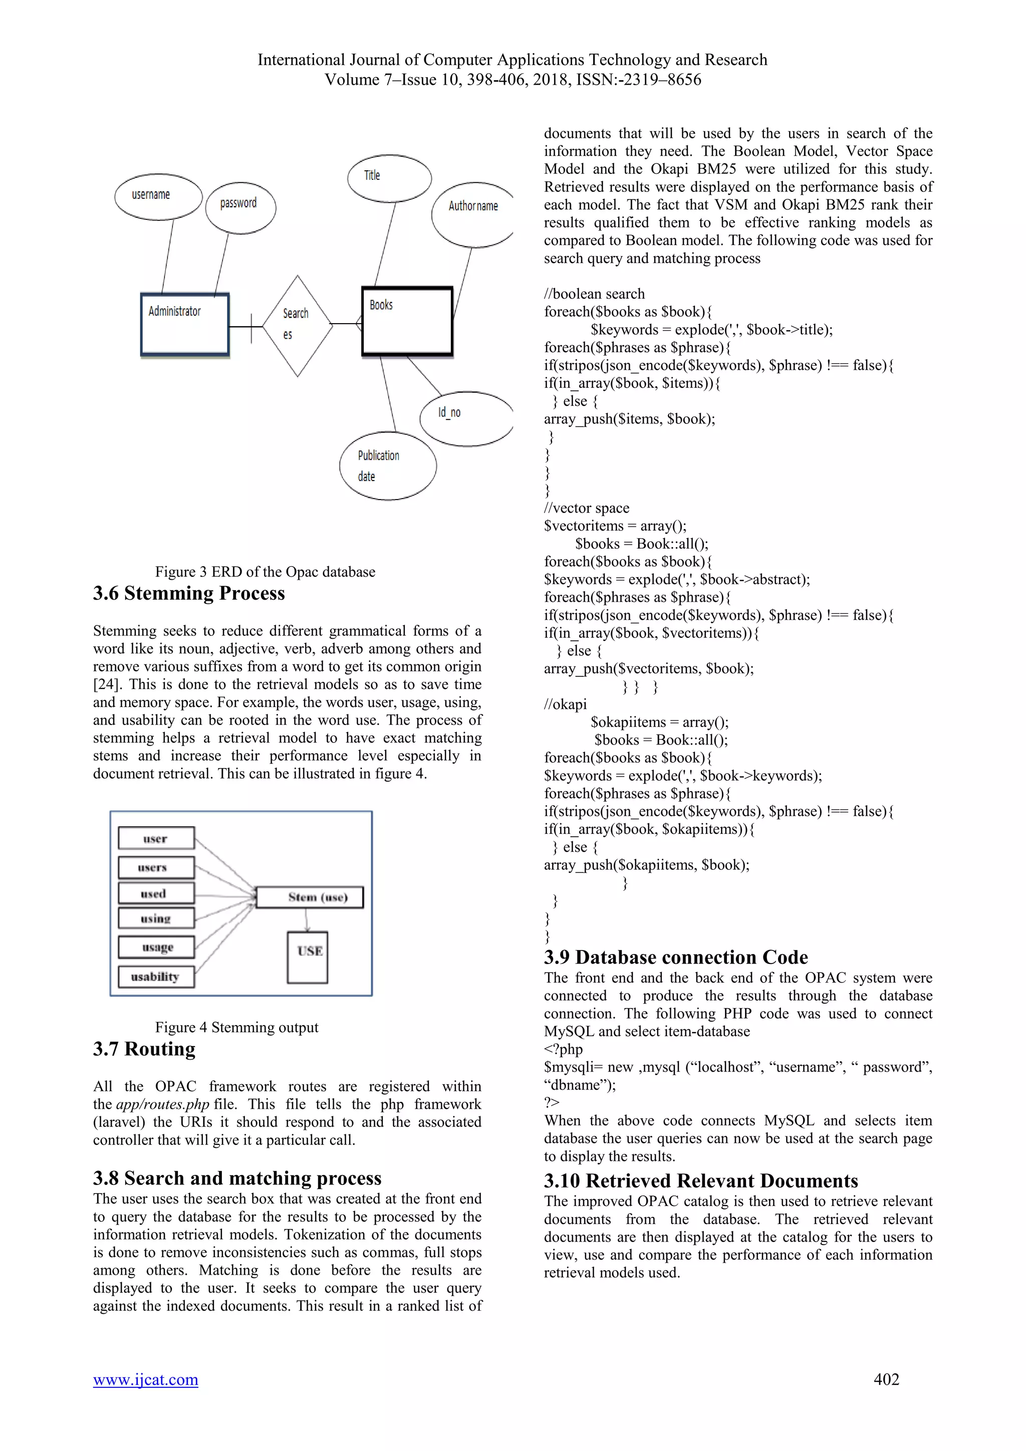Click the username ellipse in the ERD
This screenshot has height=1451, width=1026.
(158, 196)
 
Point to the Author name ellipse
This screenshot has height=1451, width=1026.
(472, 215)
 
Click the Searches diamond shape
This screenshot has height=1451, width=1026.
(297, 326)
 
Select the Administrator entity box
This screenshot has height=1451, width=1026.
(184, 324)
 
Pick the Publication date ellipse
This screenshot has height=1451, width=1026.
(387, 466)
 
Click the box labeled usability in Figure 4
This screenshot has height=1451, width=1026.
(156, 977)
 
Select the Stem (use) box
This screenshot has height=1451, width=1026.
(310, 897)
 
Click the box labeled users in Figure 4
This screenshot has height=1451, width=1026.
(156, 867)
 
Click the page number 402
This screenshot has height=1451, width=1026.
(886, 1379)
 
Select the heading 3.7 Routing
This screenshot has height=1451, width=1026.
(144, 1049)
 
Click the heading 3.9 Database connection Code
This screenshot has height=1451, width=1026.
(675, 957)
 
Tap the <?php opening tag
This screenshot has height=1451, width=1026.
(563, 1049)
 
